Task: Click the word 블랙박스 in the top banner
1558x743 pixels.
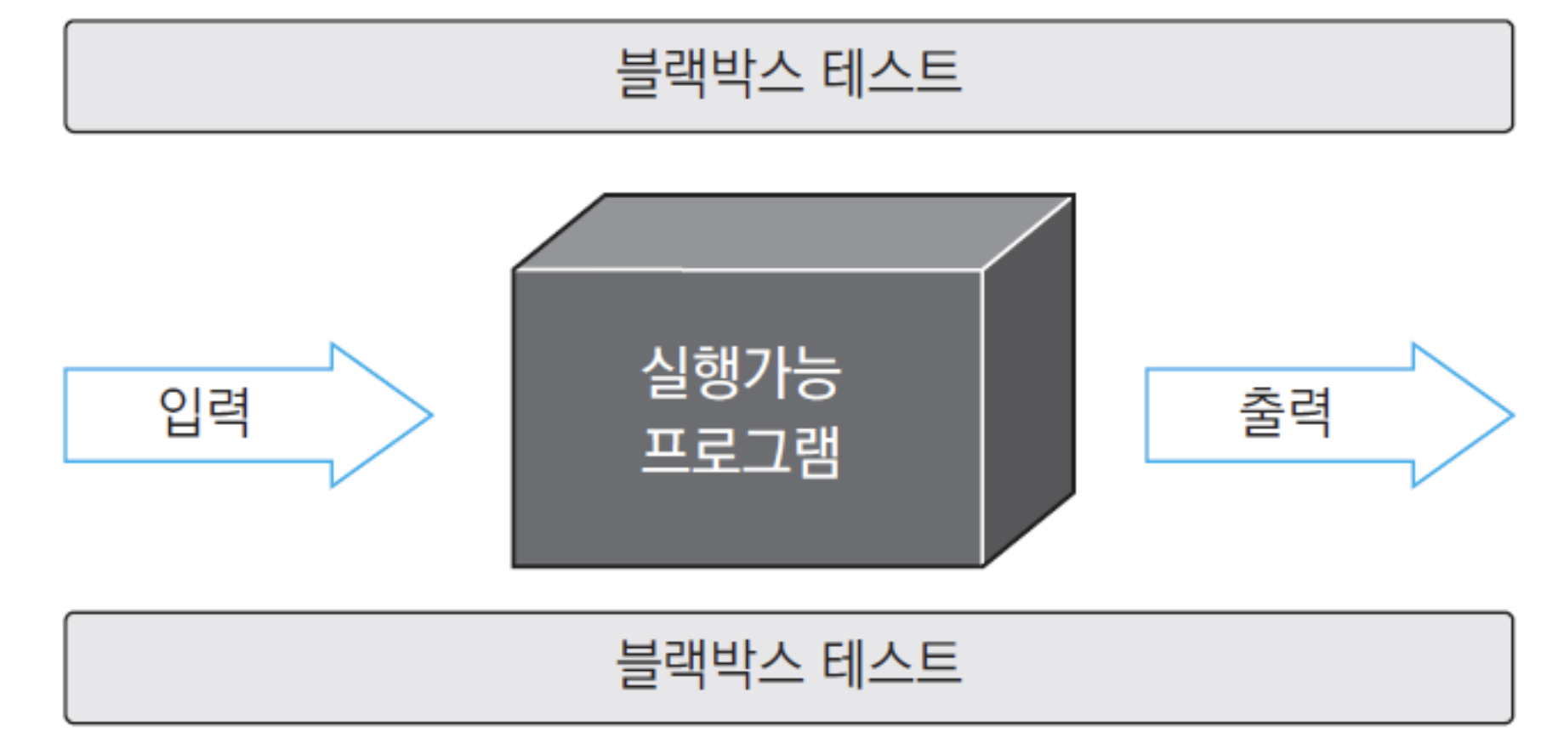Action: [x=709, y=72]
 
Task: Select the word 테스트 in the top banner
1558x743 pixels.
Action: [x=892, y=72]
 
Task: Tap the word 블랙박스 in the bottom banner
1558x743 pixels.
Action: [x=709, y=663]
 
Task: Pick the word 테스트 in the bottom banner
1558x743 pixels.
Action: [x=892, y=663]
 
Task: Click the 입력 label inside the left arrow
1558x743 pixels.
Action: [x=205, y=412]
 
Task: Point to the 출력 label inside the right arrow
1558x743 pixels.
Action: [x=1285, y=412]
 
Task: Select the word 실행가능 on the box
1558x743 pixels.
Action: [x=741, y=372]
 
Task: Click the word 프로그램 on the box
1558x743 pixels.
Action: [x=741, y=451]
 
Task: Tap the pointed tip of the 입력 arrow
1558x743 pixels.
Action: [x=432, y=415]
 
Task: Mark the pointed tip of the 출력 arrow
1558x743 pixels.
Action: [x=1513, y=415]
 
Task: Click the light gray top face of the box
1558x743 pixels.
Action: [x=793, y=233]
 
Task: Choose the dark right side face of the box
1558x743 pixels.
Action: [x=1029, y=380]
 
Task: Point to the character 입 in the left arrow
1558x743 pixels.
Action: [x=181, y=412]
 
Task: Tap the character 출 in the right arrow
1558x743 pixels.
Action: [x=1261, y=412]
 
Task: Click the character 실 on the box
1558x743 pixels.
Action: [x=665, y=372]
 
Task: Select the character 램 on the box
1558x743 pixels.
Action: [x=816, y=451]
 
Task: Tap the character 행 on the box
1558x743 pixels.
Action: [x=716, y=372]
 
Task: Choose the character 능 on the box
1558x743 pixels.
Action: [x=817, y=372]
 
